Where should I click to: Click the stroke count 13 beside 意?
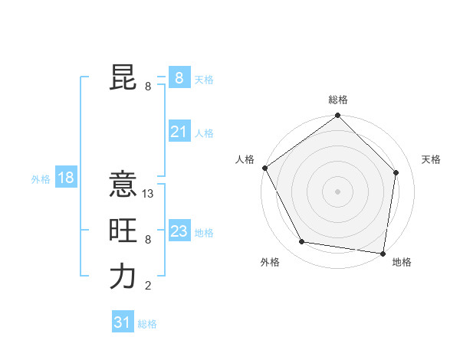pyautogui.click(x=149, y=195)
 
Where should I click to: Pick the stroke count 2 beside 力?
pyautogui.click(x=148, y=286)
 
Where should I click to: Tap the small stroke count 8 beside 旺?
pyautogui.click(x=148, y=241)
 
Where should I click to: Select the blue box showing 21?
pyautogui.click(x=179, y=132)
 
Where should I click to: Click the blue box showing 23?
pyautogui.click(x=179, y=231)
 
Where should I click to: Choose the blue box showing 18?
pyautogui.click(x=65, y=178)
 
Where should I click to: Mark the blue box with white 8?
pyautogui.click(x=179, y=78)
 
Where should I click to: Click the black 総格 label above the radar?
pyautogui.click(x=338, y=100)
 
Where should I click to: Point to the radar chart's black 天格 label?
pyautogui.click(x=432, y=159)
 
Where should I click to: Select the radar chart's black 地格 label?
pyautogui.click(x=402, y=262)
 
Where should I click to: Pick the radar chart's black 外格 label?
pyautogui.click(x=270, y=262)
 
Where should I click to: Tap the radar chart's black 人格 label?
pyautogui.click(x=245, y=159)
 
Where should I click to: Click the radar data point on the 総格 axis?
pyautogui.click(x=338, y=116)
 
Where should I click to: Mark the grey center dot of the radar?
pyautogui.click(x=338, y=191)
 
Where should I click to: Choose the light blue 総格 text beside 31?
pyautogui.click(x=147, y=324)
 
